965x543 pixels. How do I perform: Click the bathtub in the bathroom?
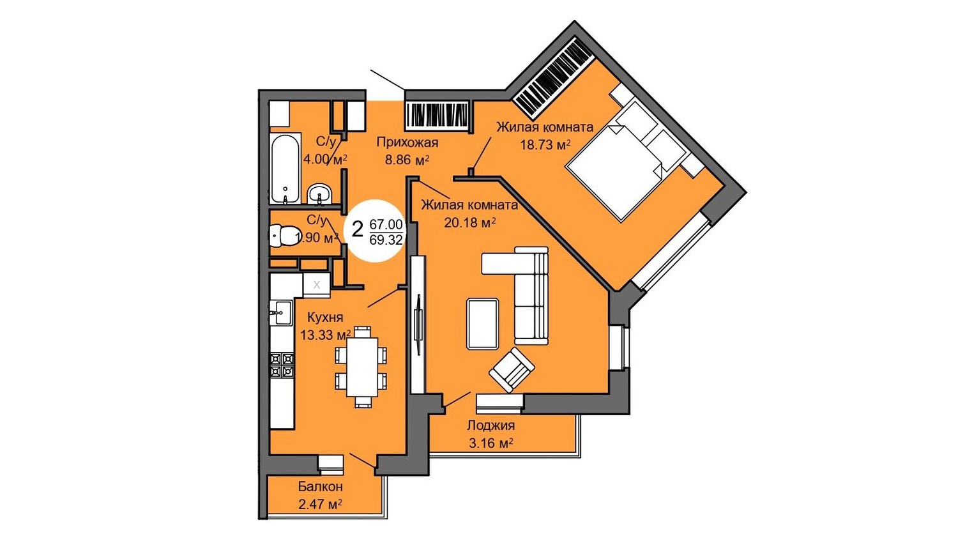pos(285,169)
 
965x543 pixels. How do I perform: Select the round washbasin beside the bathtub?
pos(319,194)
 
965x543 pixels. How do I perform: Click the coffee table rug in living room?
pos(483,324)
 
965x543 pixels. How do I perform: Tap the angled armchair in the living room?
pos(512,370)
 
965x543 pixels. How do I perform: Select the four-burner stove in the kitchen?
pos(282,365)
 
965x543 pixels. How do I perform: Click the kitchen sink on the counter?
pos(281,312)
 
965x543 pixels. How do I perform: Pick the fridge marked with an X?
pos(317,284)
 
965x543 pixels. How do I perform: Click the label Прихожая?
pos(407,142)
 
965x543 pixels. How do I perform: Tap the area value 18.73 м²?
pos(545,145)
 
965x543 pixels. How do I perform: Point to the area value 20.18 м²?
pos(470,222)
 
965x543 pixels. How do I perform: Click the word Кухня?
pos(325,317)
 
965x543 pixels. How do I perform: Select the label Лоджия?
pos(491,425)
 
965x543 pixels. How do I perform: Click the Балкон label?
pos(321,487)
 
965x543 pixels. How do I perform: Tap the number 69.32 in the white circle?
pos(386,240)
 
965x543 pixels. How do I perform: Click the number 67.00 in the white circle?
pos(386,224)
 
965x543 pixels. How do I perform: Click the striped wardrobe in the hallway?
pos(437,116)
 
